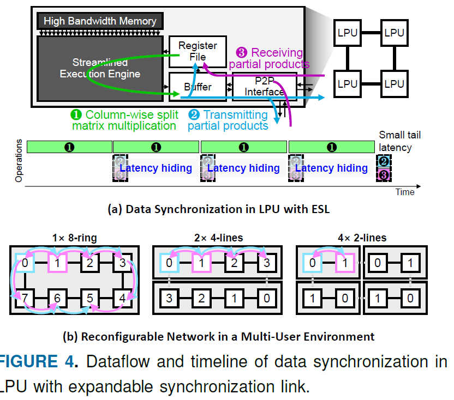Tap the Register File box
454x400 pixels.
[x=198, y=51]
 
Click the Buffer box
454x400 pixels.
[x=198, y=87]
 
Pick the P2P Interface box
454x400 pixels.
[x=265, y=87]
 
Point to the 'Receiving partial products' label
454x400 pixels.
[x=269, y=58]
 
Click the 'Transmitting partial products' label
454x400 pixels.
[x=228, y=120]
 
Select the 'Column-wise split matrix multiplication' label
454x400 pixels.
[x=124, y=120]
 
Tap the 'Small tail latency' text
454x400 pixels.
[x=399, y=141]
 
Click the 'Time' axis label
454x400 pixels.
[x=405, y=192]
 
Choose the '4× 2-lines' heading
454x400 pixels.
[x=362, y=238]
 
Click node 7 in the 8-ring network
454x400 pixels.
[x=25, y=298]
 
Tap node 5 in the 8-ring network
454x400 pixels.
[x=90, y=298]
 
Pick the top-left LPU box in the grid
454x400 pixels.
[x=348, y=33]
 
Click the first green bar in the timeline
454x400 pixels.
[x=69, y=147]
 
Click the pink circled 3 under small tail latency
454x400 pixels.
[x=384, y=175]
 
